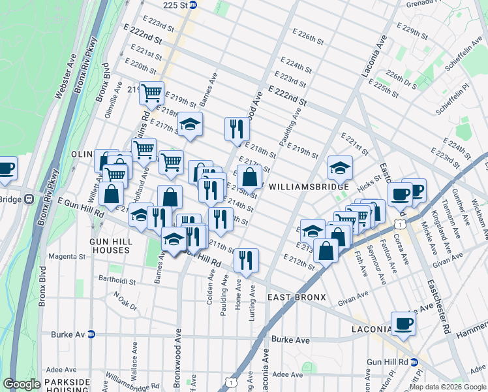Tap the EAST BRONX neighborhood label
(x=297, y=297)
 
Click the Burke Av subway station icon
(x=92, y=334)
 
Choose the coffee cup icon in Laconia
(x=403, y=323)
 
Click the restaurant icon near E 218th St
(x=237, y=128)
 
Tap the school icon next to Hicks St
(x=339, y=168)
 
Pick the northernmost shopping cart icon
(x=151, y=93)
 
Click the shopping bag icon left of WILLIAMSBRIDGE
(x=249, y=176)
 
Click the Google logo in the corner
(x=22, y=384)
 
